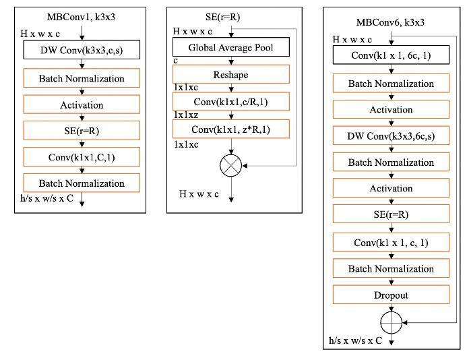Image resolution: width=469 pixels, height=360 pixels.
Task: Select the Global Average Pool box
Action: pos(230,47)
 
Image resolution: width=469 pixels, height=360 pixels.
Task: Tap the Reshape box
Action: pos(230,74)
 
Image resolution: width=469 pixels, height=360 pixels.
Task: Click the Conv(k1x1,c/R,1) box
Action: pos(230,102)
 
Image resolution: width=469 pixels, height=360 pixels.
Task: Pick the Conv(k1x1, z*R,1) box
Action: pos(230,129)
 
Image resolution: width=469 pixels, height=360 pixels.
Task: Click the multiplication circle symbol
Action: pos(230,163)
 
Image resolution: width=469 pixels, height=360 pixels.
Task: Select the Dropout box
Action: pos(391,295)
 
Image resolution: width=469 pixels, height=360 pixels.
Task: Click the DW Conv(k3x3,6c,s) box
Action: pos(391,136)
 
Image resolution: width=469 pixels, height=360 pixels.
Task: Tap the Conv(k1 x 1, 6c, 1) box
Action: pos(391,57)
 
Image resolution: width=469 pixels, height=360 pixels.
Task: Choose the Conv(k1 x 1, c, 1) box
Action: pos(391,242)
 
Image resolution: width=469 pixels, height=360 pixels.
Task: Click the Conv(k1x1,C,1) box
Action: pos(82,157)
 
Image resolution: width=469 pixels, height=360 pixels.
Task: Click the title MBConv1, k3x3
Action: pos(81,16)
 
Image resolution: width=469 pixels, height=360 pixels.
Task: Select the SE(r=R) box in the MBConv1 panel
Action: pos(82,131)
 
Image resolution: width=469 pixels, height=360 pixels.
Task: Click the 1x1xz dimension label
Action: pos(186,115)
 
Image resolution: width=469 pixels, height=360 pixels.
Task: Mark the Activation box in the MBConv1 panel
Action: pos(82,104)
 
